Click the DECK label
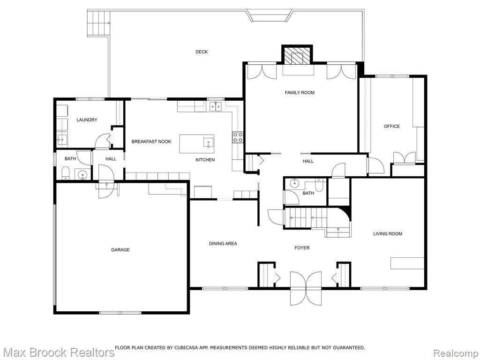click(x=202, y=52)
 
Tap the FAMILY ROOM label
click(x=300, y=92)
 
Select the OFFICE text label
click(x=392, y=126)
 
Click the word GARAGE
click(x=120, y=250)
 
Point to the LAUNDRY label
click(x=87, y=120)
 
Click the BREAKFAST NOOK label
click(x=151, y=142)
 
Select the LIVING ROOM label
click(x=388, y=233)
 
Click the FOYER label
click(x=302, y=247)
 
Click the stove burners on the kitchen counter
click(x=238, y=137)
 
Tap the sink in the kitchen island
click(x=209, y=142)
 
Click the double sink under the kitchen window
click(x=216, y=106)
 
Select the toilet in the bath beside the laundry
click(x=66, y=173)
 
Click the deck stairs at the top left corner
click(x=98, y=23)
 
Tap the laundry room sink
click(x=62, y=140)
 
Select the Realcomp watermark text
click(x=455, y=353)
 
